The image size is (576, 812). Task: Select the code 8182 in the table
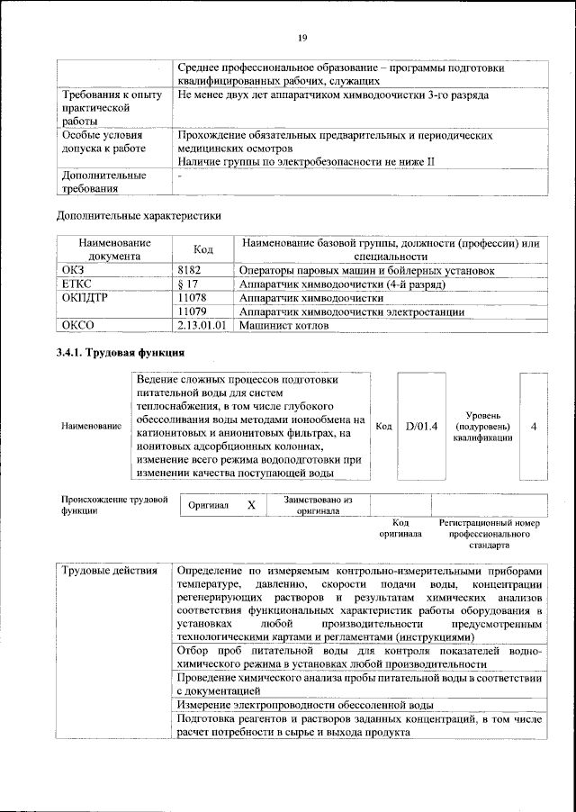(x=190, y=269)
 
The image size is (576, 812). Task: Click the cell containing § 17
(x=187, y=284)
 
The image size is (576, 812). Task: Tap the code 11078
(x=193, y=297)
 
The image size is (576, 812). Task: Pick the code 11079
(x=193, y=311)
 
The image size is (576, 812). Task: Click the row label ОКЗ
(x=73, y=269)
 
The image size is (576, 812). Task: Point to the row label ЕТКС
(x=77, y=284)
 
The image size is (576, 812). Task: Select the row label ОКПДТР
(x=85, y=297)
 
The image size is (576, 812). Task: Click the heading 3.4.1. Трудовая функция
(x=121, y=353)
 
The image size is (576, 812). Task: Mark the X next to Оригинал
(x=252, y=505)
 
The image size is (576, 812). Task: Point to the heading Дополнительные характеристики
(x=139, y=215)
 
